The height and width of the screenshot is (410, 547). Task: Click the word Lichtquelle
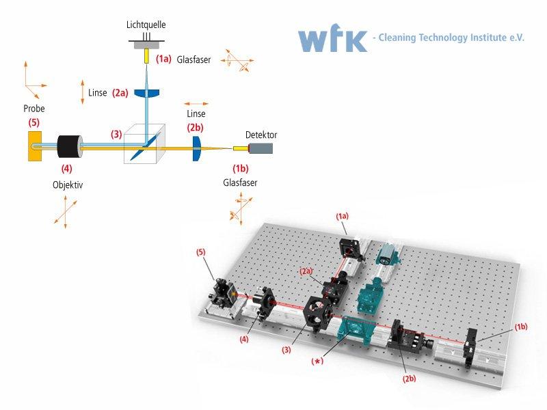[x=146, y=25]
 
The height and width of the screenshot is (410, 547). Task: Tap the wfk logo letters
[x=332, y=38]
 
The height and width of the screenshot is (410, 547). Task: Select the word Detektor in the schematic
[x=261, y=135]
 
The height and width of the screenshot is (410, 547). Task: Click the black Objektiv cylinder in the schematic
[x=70, y=146]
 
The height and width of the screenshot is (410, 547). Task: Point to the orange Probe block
[x=35, y=146]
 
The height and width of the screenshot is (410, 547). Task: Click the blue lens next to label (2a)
[x=147, y=94]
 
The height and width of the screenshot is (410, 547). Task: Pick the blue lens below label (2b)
[x=197, y=148]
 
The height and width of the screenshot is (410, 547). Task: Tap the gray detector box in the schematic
[x=261, y=148]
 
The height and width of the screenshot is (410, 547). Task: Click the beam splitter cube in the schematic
[x=144, y=143]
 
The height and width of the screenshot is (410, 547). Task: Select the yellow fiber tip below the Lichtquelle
[x=147, y=56]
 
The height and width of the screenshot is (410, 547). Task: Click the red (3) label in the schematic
[x=116, y=134]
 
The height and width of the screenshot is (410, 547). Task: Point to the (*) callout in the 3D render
[x=317, y=361]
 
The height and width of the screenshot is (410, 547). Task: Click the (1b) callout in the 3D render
[x=521, y=327]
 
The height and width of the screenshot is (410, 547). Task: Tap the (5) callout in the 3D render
[x=200, y=251]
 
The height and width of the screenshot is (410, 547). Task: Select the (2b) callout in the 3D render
[x=409, y=379]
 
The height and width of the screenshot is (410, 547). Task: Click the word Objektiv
[x=68, y=184]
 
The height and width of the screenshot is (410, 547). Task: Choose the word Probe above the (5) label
[x=34, y=109]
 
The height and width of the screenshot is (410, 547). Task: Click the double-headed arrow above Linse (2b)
[x=196, y=104]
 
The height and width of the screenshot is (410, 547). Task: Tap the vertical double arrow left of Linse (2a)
[x=83, y=92]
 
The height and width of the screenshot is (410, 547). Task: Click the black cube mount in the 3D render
[x=317, y=313]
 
